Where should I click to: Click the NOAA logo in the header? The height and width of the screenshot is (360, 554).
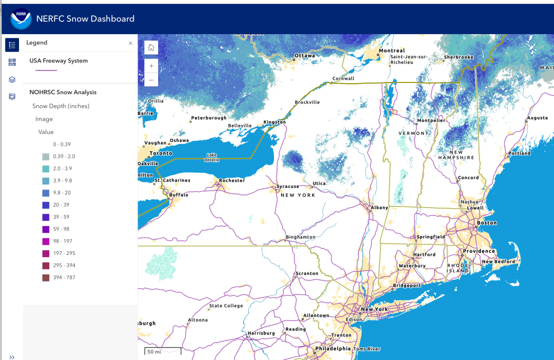[x=21, y=19]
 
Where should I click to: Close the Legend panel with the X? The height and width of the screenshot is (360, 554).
[x=131, y=43]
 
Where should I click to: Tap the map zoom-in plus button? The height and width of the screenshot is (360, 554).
[x=151, y=66]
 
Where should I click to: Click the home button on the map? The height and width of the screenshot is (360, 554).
[x=151, y=48]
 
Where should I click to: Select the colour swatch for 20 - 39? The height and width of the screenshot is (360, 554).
[x=46, y=205]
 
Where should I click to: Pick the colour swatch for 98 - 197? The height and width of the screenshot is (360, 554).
[x=46, y=241]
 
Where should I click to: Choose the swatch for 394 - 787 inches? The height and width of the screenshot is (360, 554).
[x=46, y=278]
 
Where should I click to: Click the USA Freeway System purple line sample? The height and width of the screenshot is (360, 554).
[x=46, y=70]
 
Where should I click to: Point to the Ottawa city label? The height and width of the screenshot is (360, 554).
[x=304, y=56]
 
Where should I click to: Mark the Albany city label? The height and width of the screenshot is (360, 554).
[x=380, y=207]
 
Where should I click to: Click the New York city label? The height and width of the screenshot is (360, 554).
[x=374, y=309]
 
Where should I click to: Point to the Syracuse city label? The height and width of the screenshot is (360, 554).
[x=288, y=186]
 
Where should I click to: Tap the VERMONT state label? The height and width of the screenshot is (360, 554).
[x=413, y=133]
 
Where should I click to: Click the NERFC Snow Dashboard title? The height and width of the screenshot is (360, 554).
[x=85, y=19]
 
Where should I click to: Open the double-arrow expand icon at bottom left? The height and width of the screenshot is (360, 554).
[x=12, y=356]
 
